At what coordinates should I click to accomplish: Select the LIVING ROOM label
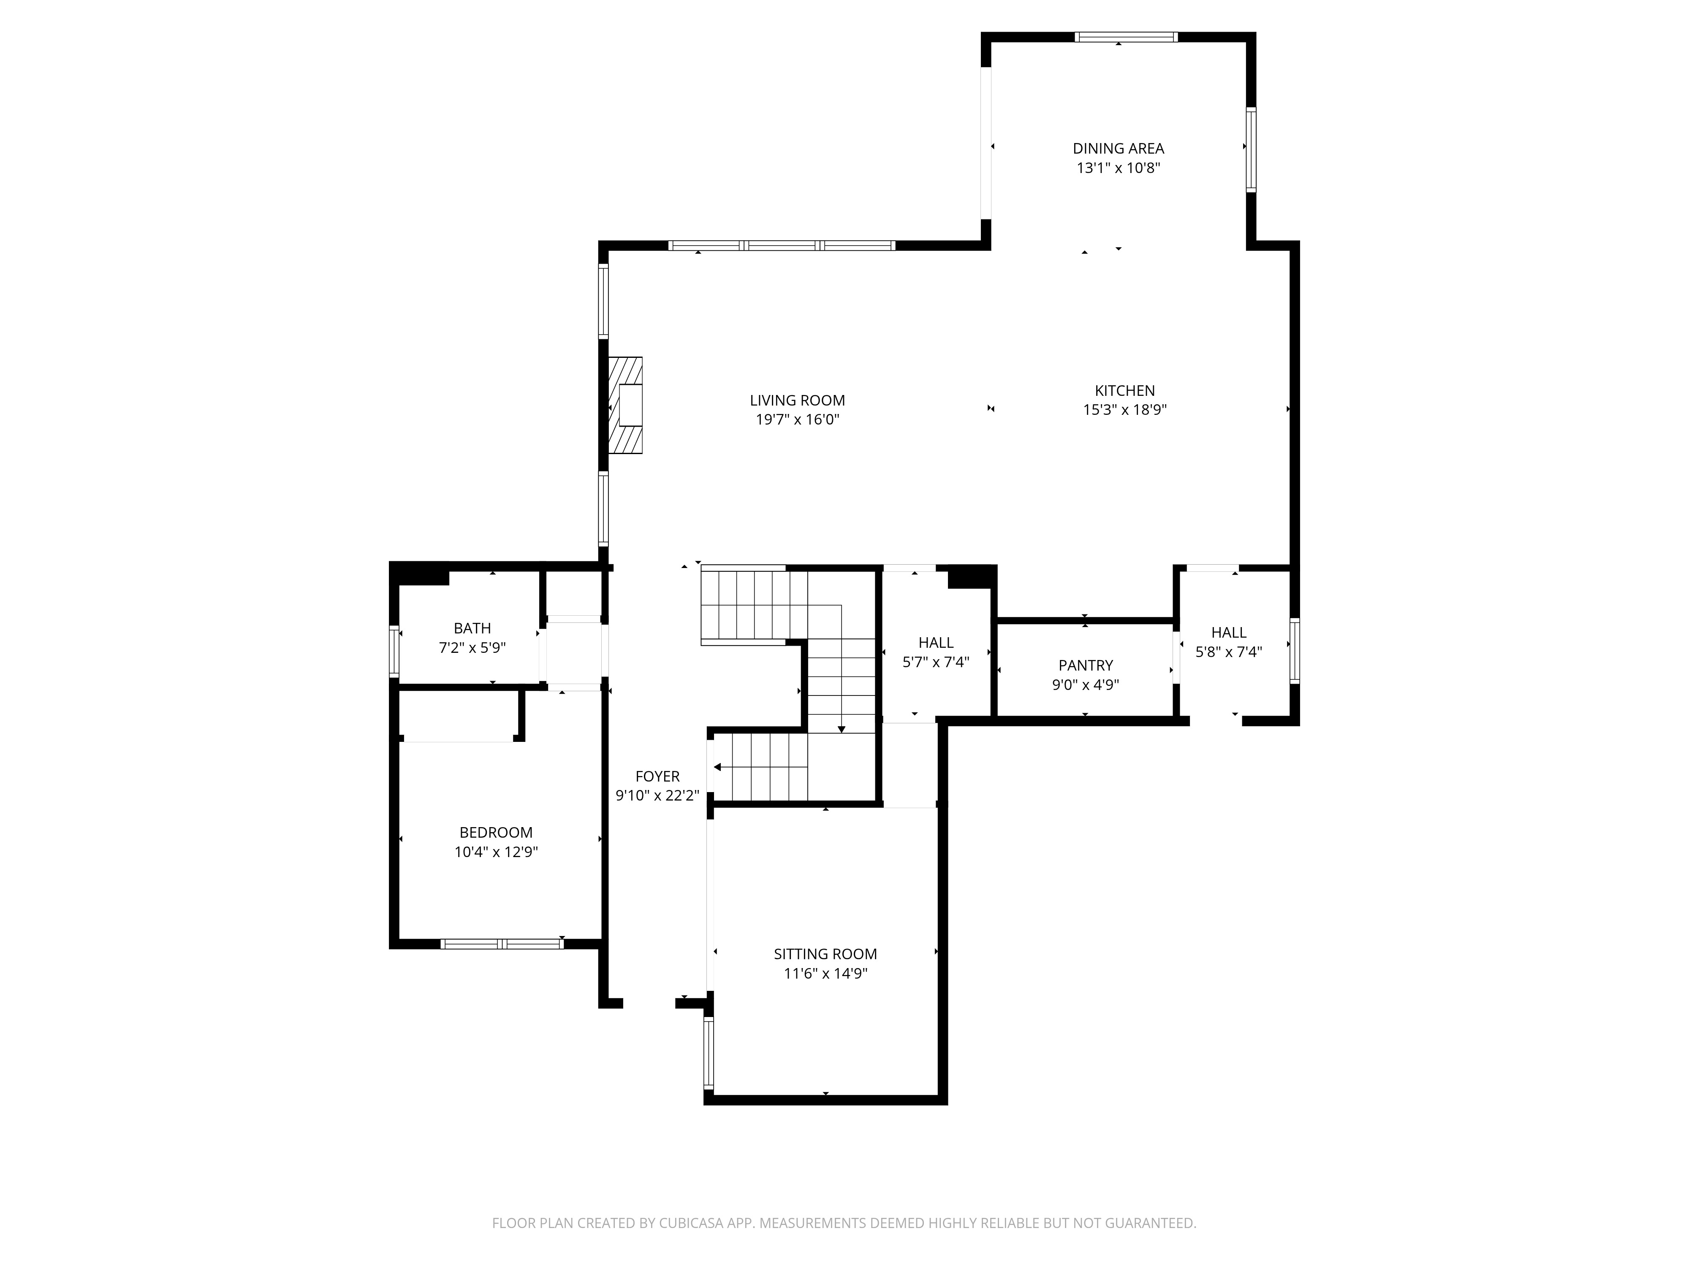click(797, 400)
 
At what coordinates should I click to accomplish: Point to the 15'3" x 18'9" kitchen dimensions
click(1125, 410)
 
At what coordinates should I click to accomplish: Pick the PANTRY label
click(1085, 665)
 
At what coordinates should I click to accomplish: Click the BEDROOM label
click(496, 833)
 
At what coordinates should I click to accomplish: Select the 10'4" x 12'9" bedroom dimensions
click(496, 852)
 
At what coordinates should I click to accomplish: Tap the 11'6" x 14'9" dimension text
click(825, 974)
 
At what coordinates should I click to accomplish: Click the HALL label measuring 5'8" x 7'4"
click(1229, 633)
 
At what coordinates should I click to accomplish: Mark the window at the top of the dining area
click(1126, 37)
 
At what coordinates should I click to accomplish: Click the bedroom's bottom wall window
click(502, 944)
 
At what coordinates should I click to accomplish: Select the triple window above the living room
click(782, 246)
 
